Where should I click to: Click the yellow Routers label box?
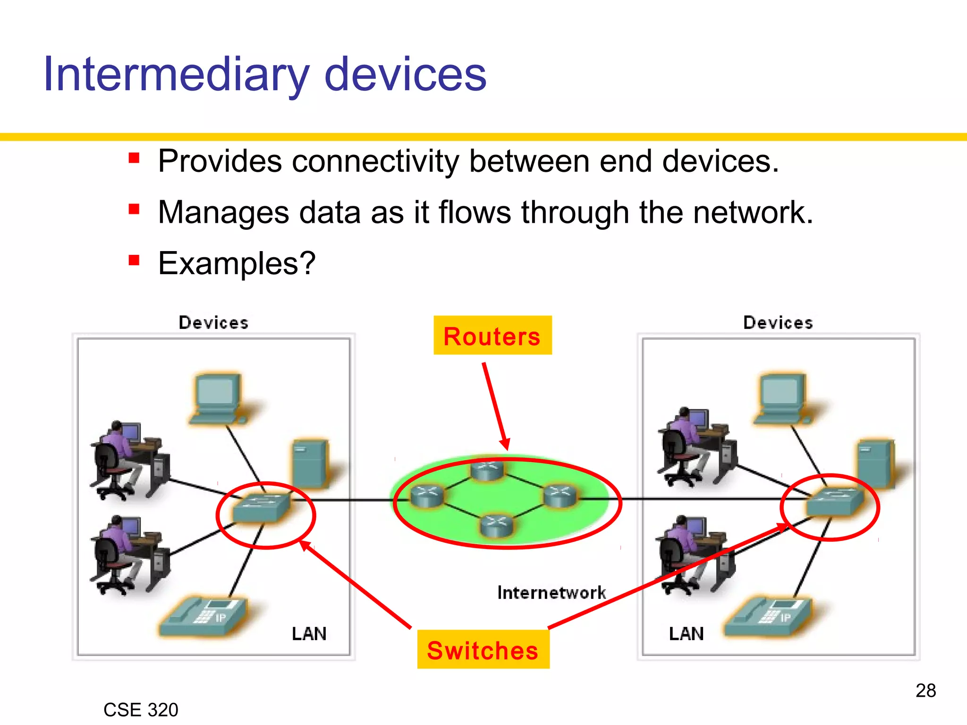pos(492,336)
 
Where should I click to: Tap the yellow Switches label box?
pos(483,649)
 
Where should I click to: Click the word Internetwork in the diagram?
pos(551,592)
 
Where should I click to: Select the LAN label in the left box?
pos(309,633)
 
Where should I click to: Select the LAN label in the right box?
pos(686,633)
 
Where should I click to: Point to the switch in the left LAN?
pos(261,508)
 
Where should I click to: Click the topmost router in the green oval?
pos(487,470)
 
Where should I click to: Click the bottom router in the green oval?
pos(496,525)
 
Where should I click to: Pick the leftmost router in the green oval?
pos(427,496)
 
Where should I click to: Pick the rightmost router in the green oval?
pos(560,495)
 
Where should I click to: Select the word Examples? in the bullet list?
pos(236,263)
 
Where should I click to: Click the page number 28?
pos(925,691)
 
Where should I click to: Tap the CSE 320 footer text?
pos(141,709)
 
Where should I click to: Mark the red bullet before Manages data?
pos(134,209)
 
